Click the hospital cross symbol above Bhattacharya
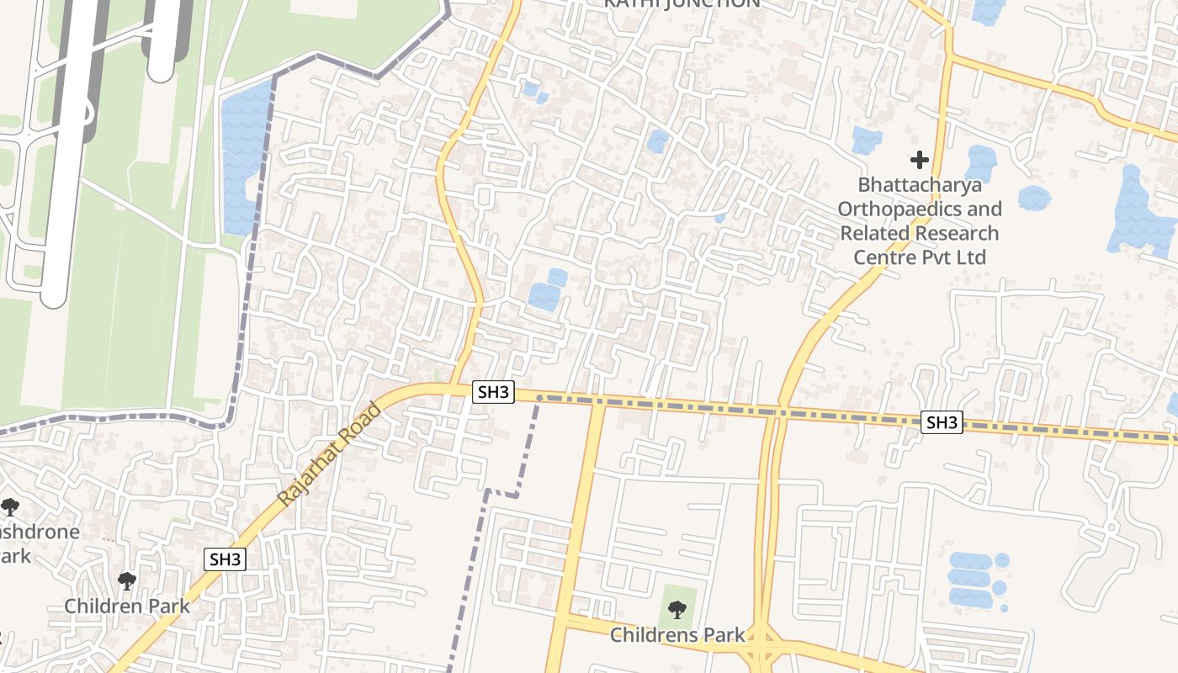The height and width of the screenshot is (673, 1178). pos(920,159)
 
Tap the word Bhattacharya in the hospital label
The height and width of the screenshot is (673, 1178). pos(920,184)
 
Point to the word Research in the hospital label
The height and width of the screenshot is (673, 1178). pos(956,233)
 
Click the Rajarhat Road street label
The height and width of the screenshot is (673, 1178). pos(329,455)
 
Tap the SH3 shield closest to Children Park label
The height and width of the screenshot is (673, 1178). pos(226,559)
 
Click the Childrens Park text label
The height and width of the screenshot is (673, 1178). pos(677,634)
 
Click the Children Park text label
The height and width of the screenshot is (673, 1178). pos(127,606)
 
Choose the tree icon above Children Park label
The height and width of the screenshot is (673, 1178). pos(127,580)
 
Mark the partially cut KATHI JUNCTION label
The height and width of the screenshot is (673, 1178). pos(682,4)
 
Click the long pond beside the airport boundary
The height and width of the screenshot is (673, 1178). pos(242,156)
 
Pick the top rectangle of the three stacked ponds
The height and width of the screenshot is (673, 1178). pos(969,560)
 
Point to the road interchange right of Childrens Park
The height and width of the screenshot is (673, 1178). pos(764,644)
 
